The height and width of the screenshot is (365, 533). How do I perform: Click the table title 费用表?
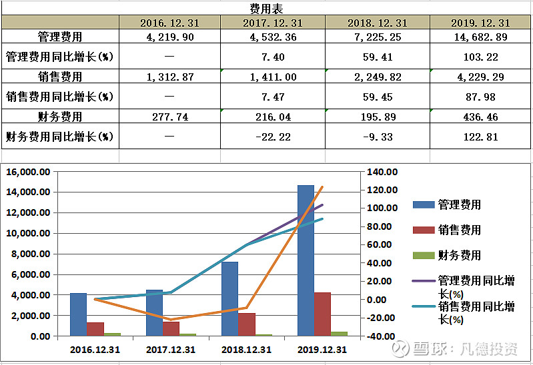point(266,8)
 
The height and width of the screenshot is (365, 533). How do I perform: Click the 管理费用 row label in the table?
point(59,37)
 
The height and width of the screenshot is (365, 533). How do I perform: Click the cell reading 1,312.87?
point(169,77)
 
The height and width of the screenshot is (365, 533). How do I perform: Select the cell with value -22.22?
point(273,138)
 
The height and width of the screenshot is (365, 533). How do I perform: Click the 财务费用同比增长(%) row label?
point(59,138)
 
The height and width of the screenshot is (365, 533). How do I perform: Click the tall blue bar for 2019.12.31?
point(306,260)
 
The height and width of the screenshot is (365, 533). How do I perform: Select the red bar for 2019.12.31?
point(322,314)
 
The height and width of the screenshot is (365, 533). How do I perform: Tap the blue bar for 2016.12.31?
point(79,314)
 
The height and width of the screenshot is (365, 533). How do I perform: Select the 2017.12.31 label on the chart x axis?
point(171,350)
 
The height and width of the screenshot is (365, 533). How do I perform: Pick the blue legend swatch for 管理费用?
point(423,205)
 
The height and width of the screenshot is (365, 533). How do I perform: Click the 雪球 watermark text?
point(431,349)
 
